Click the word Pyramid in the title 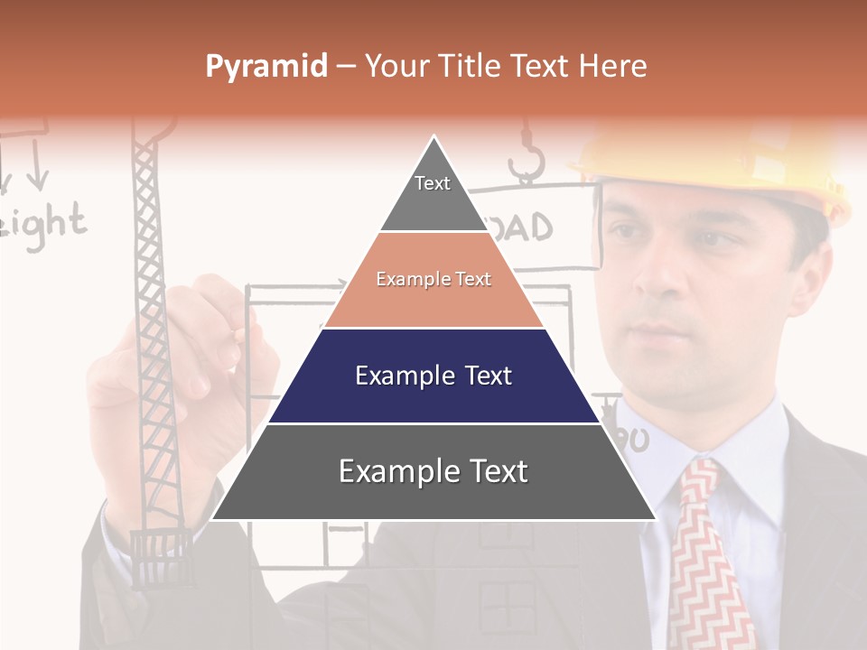[x=266, y=66]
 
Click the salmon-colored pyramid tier [x=433, y=280]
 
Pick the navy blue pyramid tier [x=433, y=376]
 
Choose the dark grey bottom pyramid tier [x=433, y=472]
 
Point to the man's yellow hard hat [x=722, y=162]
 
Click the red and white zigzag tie [x=708, y=551]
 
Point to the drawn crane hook [x=526, y=162]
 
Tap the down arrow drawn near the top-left [x=36, y=172]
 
